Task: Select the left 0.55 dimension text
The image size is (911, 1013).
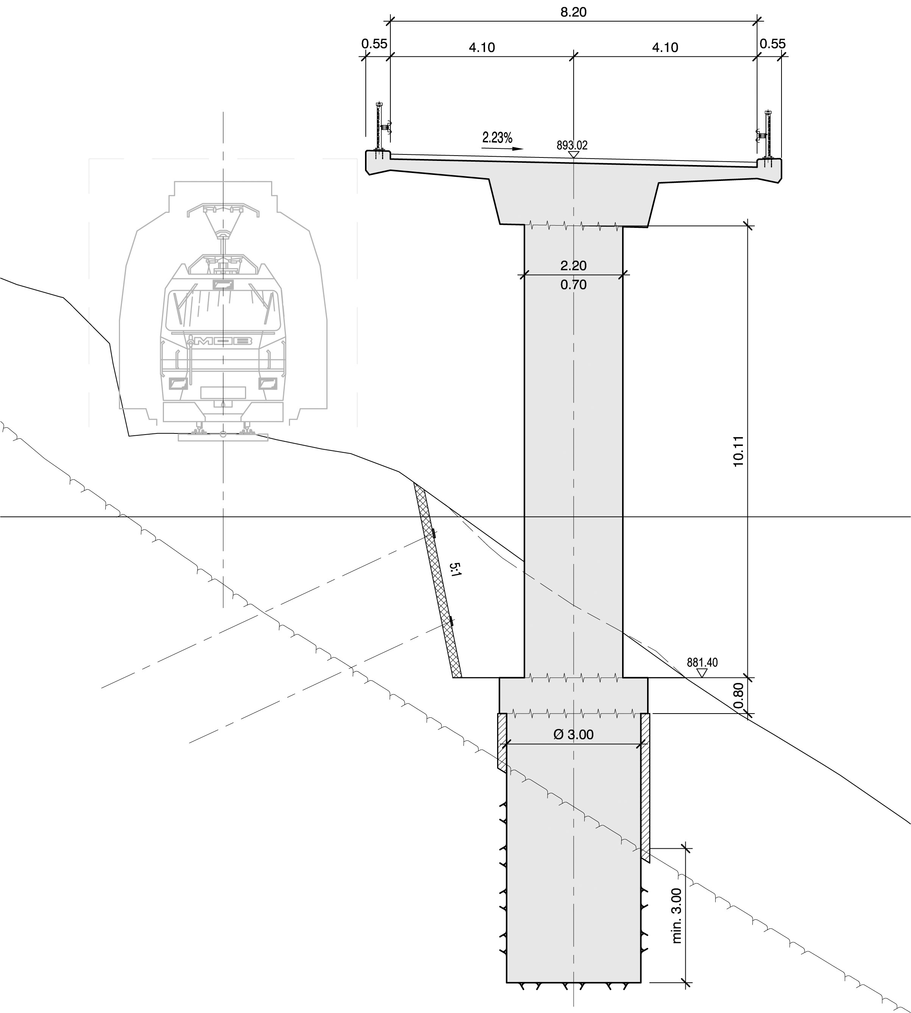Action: point(374,44)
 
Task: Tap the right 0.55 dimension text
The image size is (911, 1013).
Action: point(772,44)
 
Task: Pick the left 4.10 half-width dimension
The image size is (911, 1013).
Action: point(482,48)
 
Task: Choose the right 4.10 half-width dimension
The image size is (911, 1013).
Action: point(665,48)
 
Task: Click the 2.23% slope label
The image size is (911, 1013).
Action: point(497,138)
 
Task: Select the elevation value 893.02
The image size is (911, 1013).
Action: point(572,145)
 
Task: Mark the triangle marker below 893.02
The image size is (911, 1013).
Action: point(574,155)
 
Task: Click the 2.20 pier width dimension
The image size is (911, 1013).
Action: point(573,265)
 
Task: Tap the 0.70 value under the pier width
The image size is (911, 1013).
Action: point(573,285)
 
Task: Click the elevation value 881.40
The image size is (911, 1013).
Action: point(702,662)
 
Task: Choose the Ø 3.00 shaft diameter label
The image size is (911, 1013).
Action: point(574,734)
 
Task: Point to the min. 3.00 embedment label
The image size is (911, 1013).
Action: point(677,915)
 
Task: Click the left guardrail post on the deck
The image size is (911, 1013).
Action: point(379,128)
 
